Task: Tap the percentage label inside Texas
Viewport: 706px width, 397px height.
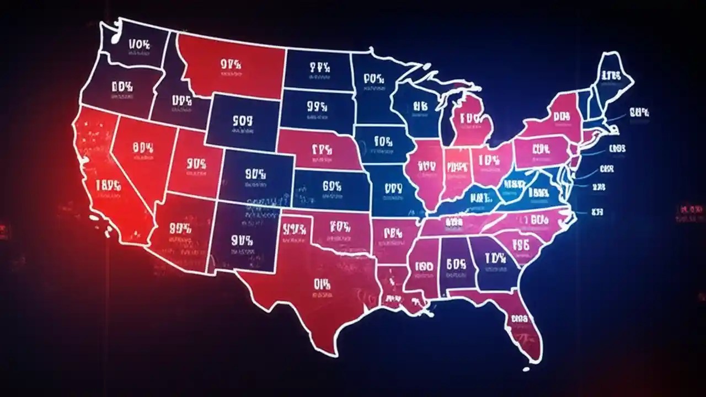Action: (x=322, y=285)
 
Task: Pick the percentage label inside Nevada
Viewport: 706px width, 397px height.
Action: (x=142, y=147)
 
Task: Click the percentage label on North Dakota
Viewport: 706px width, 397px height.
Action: (x=319, y=68)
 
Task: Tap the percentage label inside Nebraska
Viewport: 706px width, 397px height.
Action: (x=321, y=149)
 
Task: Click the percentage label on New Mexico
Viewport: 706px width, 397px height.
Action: (x=242, y=240)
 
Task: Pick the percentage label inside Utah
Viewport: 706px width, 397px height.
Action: (x=196, y=163)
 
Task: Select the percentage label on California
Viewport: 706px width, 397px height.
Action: (x=108, y=185)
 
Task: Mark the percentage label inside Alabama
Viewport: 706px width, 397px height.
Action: (x=456, y=264)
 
